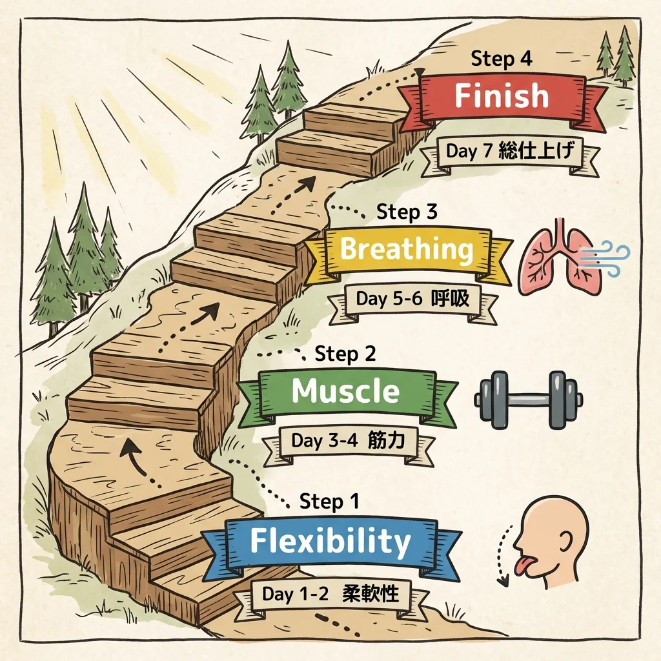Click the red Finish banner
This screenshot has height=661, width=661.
pos(502,97)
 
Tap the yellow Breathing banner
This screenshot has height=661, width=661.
pos(407,250)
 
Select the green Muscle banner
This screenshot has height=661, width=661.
pos(345,391)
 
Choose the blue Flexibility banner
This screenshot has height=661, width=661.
pos(330,542)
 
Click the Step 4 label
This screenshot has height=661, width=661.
pos(502,59)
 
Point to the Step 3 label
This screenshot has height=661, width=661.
pos(407,212)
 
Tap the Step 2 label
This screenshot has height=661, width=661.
pos(345,354)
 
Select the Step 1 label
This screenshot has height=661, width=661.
pos(330,502)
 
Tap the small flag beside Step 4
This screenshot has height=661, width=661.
pos(422,72)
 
